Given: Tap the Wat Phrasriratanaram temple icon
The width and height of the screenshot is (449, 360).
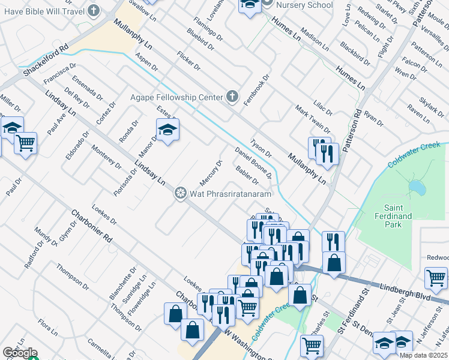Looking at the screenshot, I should tap(179, 193).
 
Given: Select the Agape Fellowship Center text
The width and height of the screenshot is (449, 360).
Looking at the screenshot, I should tap(177, 97).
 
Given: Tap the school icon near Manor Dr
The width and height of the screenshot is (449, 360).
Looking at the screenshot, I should tap(167, 128).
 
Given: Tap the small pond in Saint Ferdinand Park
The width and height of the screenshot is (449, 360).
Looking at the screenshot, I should tap(416, 188).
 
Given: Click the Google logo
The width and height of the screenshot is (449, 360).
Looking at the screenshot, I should tap(20, 353).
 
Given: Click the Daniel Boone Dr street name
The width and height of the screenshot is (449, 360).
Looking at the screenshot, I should tap(253, 163).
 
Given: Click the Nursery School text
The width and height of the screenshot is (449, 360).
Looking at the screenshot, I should tap(305, 5).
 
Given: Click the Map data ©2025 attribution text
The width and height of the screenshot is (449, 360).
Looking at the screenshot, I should tap(423, 355).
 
